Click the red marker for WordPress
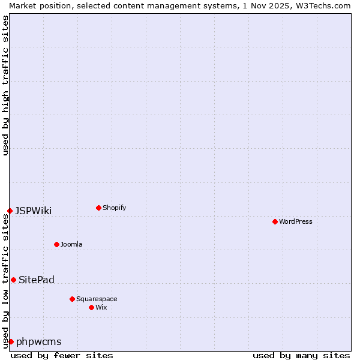275,221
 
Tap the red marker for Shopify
98,208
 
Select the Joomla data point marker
56,244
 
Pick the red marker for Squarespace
72,299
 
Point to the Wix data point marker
91,307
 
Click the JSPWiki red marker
10,211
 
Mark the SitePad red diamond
13,280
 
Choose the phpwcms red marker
11,341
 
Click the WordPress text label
296,221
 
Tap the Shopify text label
114,208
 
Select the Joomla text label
71,244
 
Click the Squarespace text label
97,299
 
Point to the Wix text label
101,307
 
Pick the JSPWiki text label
34,211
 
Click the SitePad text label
37,280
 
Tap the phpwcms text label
39,341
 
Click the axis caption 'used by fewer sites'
62,355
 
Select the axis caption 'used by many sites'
301,355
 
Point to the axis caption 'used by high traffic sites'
5,85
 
